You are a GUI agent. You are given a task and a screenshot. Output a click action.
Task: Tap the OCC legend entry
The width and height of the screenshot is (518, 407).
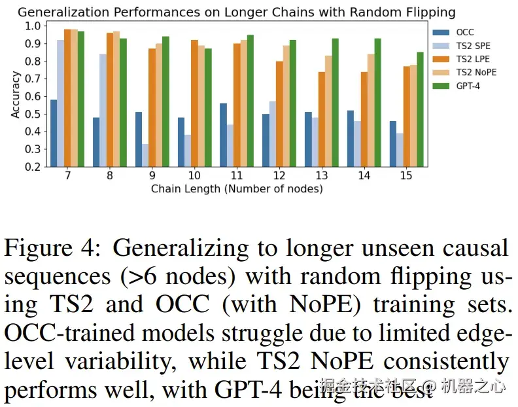click(x=464, y=32)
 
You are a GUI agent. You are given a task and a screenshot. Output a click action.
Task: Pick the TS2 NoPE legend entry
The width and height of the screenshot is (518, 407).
click(x=476, y=72)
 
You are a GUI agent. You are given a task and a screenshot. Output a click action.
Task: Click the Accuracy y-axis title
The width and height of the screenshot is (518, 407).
click(x=16, y=96)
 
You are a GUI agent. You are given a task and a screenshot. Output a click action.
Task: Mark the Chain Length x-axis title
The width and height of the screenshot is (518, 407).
click(x=237, y=189)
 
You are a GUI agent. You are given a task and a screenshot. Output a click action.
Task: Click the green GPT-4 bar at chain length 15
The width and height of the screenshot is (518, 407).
click(x=421, y=109)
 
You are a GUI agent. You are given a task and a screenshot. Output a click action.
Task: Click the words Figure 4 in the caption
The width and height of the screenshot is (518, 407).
click(x=52, y=249)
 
